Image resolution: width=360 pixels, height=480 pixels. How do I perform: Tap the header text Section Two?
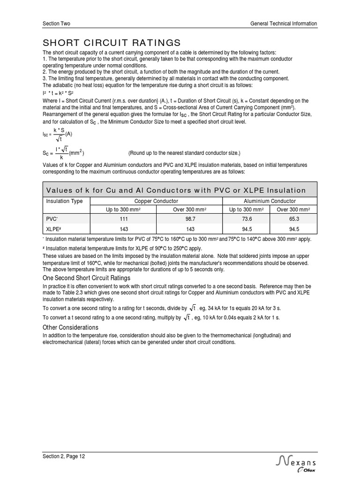tap(56, 23)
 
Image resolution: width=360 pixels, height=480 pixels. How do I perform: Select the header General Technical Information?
tap(284, 23)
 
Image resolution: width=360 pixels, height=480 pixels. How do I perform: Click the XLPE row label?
tap(53, 229)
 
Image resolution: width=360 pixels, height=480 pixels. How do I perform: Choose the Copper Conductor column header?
tap(157, 201)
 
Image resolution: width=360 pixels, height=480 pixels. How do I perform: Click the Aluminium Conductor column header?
tap(270, 201)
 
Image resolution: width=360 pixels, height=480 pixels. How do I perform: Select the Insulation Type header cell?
tap(64, 201)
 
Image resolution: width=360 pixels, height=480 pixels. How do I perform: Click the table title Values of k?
tap(176, 190)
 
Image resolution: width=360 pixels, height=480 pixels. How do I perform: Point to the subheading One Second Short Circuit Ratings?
tap(86, 278)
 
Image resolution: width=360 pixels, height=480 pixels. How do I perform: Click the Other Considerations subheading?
tap(70, 327)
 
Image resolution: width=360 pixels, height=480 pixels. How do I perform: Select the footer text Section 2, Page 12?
tap(64, 456)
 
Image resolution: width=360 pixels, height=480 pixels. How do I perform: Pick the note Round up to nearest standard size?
tap(184, 153)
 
